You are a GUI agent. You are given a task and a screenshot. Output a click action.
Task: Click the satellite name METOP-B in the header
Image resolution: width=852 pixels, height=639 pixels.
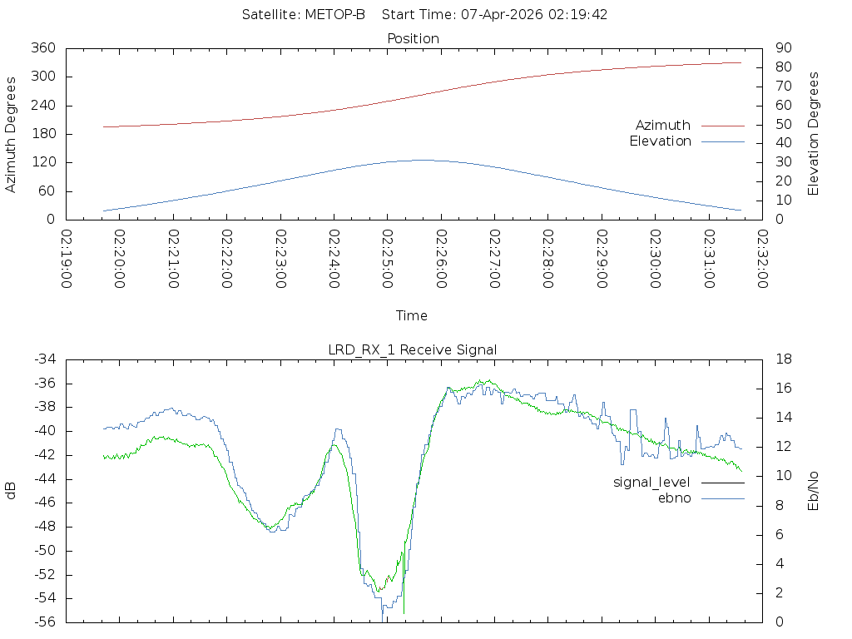(x=334, y=15)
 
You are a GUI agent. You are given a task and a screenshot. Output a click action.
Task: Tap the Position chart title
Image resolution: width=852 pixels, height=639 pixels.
(x=413, y=39)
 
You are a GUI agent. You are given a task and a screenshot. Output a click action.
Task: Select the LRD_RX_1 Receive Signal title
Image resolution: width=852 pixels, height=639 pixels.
(x=413, y=350)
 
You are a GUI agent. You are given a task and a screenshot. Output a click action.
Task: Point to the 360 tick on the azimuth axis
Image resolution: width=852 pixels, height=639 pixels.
(x=43, y=47)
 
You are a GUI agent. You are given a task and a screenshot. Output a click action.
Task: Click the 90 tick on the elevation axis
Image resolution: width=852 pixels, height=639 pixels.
(x=784, y=47)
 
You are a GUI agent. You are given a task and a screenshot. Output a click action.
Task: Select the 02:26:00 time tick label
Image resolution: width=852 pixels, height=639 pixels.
(x=441, y=259)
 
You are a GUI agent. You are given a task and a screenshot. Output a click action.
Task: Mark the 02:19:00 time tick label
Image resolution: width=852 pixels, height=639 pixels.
(x=67, y=259)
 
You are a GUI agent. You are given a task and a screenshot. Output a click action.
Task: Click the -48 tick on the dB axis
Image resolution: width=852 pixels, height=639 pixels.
(x=45, y=527)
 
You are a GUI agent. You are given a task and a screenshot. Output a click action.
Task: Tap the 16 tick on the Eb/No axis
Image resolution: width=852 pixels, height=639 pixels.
(x=784, y=389)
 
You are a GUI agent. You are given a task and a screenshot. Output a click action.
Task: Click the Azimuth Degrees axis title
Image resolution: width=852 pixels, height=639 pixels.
(x=10, y=134)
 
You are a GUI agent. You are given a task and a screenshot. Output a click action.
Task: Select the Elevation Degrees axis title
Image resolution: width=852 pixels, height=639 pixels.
(x=813, y=134)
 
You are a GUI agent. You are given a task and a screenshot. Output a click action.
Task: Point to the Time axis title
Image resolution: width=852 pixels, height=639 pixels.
(x=411, y=315)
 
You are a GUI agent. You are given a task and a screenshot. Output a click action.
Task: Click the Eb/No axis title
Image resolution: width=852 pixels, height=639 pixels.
(x=813, y=491)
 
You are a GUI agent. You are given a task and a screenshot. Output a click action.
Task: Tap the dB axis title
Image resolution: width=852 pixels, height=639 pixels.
(x=10, y=491)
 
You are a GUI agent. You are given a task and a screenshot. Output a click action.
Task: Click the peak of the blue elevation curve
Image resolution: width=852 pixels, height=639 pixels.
(x=424, y=160)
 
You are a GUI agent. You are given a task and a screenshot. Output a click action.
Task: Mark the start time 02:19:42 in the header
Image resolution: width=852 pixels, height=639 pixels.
(x=577, y=15)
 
